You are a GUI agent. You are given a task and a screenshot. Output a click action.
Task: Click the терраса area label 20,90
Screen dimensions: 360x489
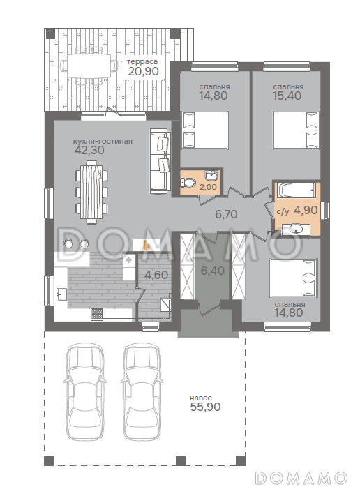(143, 71)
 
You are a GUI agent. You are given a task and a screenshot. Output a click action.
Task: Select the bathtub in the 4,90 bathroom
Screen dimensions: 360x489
(297, 190)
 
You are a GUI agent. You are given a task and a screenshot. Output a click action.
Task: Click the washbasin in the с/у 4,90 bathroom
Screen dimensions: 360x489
(296, 230)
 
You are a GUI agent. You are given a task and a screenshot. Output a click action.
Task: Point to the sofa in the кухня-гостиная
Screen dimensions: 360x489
(160, 160)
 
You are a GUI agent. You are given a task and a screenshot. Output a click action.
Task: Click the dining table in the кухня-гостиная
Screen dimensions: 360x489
(91, 191)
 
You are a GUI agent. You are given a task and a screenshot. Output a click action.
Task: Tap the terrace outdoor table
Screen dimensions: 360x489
(89, 66)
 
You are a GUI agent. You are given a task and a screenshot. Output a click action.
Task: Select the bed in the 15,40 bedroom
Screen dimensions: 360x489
(297, 130)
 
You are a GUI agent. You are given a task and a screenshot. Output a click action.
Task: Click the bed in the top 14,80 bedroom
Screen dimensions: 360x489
(204, 130)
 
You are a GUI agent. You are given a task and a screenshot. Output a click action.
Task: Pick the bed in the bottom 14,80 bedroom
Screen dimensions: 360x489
(294, 278)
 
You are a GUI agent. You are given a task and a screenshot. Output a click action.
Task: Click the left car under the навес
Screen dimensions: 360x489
(84, 392)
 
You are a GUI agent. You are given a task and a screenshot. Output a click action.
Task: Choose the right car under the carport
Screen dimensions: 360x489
(142, 392)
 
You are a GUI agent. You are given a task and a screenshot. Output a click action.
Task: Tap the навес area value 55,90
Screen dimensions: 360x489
(205, 407)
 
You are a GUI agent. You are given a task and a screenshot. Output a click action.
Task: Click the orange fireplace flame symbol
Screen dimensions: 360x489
(145, 245)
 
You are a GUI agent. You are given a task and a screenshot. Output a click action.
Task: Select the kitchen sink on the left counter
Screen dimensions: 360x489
(61, 294)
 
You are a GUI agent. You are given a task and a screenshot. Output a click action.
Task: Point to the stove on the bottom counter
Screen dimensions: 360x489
(97, 315)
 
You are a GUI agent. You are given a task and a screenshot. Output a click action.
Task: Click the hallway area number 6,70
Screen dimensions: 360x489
(226, 214)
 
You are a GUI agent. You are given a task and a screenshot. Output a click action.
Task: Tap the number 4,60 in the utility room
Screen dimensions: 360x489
(156, 275)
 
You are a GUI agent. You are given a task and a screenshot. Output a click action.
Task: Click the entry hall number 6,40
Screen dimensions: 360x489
(213, 271)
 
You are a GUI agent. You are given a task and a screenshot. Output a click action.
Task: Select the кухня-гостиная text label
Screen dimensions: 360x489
(103, 142)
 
